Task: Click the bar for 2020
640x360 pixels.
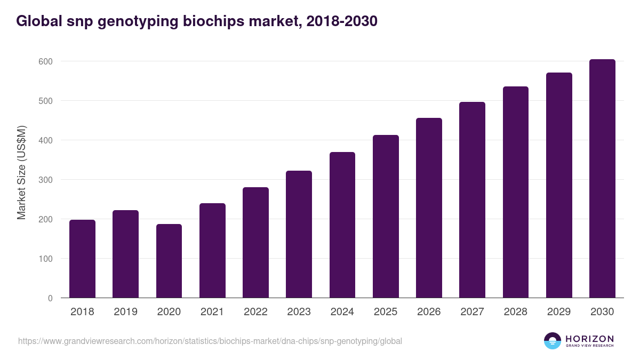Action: [x=169, y=261]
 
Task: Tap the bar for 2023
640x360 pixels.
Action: [x=299, y=234]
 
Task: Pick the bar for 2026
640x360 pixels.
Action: [x=429, y=208]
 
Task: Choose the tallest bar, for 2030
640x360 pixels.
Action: [x=602, y=179]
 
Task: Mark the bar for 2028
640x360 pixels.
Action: [x=515, y=192]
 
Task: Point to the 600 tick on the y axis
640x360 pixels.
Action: [x=46, y=61]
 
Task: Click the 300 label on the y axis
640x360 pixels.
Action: [x=46, y=180]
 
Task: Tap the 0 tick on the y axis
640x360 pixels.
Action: [x=50, y=298]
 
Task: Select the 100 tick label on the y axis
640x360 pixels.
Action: [x=46, y=259]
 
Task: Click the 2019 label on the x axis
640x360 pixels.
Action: [x=125, y=312]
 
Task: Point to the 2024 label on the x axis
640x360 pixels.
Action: [x=342, y=312]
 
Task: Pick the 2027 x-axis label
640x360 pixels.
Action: [x=472, y=312]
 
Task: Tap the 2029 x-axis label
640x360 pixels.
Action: [x=559, y=312]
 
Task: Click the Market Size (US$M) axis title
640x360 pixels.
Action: [x=21, y=173]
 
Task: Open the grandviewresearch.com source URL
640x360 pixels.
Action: [x=210, y=341]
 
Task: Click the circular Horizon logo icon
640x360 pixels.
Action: [x=552, y=341]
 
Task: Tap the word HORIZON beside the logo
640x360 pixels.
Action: [x=589, y=338]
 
